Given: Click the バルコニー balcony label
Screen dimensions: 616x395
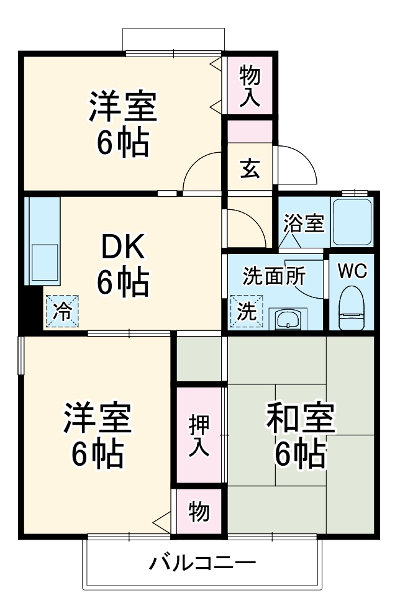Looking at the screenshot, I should [202, 564].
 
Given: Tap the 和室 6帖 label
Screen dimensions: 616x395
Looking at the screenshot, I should [301, 435].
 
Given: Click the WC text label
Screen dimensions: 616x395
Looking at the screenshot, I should [352, 271].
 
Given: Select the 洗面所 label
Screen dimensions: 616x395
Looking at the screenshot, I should [270, 275].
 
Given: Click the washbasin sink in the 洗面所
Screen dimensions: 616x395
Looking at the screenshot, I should [289, 319].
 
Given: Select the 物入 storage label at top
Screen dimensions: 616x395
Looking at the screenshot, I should [250, 86].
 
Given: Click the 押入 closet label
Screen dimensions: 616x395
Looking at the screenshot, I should [199, 435].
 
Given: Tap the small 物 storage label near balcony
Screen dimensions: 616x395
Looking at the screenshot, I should [199, 512].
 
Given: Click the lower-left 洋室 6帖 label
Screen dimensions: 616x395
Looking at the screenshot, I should [98, 437].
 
